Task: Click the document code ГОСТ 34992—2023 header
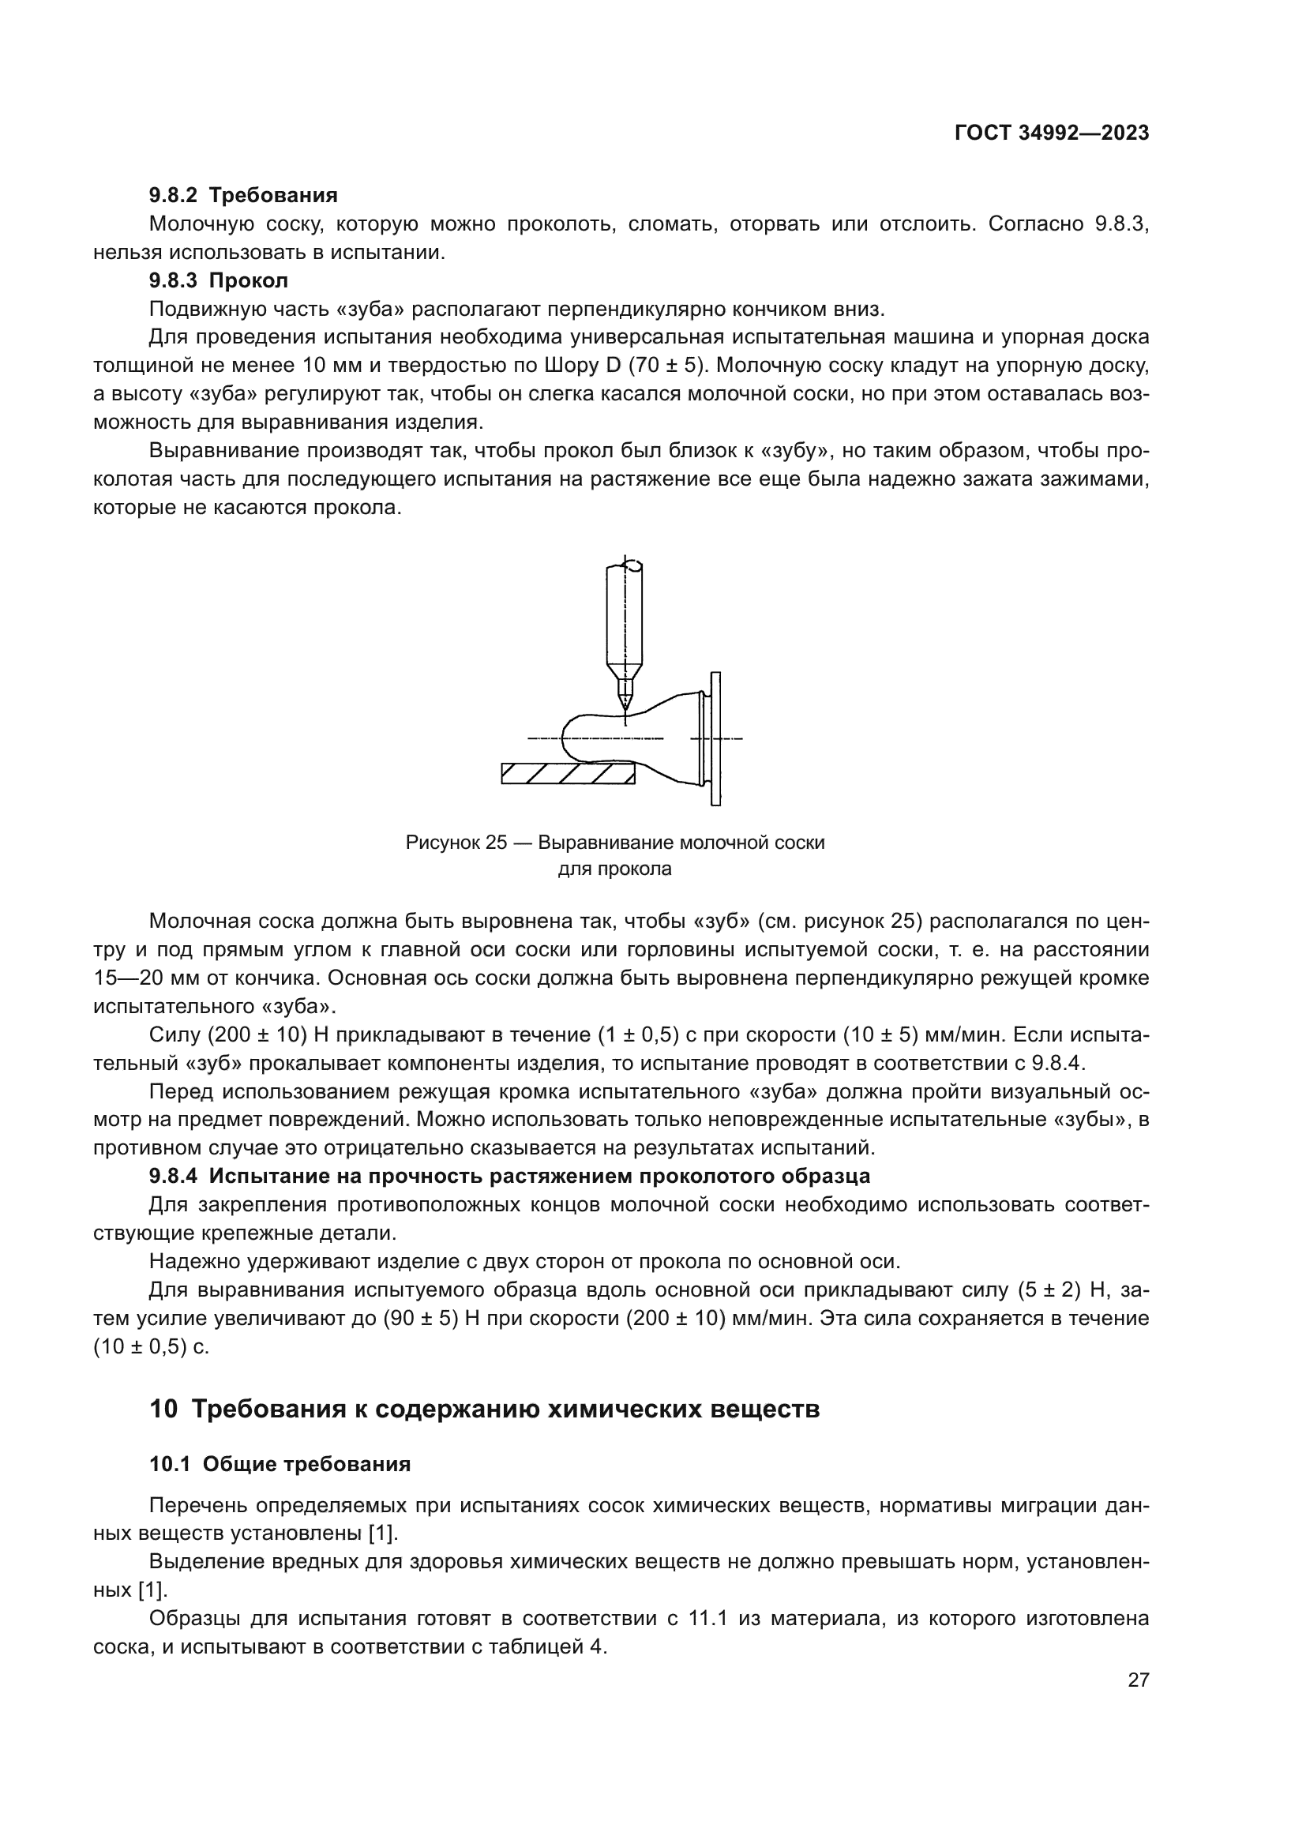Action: point(1051,133)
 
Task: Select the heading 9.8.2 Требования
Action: point(243,196)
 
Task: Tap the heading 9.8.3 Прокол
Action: point(219,281)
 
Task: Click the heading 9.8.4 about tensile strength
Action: point(510,1176)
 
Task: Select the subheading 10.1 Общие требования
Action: point(280,1464)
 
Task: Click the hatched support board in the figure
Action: point(568,773)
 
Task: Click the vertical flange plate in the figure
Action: point(715,738)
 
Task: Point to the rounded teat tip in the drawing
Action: point(568,737)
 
